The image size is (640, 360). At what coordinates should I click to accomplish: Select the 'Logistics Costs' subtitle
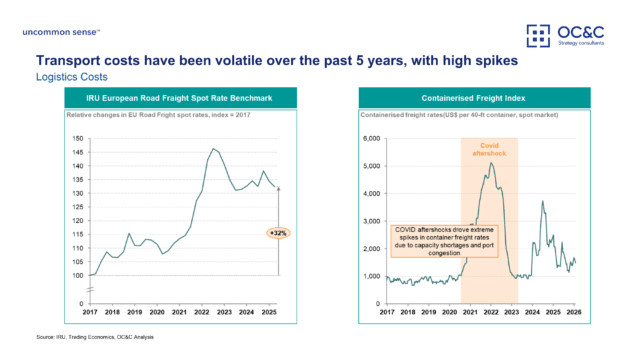(69, 76)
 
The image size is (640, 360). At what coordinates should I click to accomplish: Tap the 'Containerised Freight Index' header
(474, 98)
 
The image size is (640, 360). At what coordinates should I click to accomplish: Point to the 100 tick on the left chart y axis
(76, 275)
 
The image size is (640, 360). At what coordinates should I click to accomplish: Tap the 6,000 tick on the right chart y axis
(370, 138)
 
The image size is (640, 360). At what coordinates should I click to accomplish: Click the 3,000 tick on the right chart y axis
(370, 221)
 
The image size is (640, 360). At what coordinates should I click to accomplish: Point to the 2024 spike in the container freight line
(542, 201)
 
